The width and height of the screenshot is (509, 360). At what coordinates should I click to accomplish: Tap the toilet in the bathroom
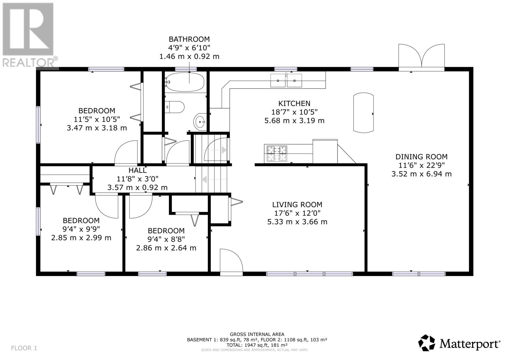tap(175, 107)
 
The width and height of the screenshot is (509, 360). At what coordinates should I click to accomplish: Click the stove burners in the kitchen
tap(276, 154)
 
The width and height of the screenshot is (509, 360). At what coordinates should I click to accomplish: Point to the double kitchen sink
tap(286, 81)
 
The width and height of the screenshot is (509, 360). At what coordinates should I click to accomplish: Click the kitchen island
tap(363, 113)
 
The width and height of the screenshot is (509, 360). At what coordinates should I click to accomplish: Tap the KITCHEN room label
tap(294, 103)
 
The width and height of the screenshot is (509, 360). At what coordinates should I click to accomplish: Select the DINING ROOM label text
tap(421, 157)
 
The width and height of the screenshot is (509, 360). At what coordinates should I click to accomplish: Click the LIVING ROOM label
tap(297, 205)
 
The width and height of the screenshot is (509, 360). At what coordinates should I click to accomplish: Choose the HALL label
tap(137, 171)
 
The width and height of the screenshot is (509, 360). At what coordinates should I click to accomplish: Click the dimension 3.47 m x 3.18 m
tap(97, 128)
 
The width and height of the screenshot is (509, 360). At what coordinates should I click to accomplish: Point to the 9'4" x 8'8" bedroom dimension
tap(166, 239)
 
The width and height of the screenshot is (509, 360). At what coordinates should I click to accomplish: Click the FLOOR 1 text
tap(24, 348)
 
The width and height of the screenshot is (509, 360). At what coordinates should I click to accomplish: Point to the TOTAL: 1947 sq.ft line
tap(257, 345)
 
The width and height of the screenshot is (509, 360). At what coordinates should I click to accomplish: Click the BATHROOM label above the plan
tap(189, 39)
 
